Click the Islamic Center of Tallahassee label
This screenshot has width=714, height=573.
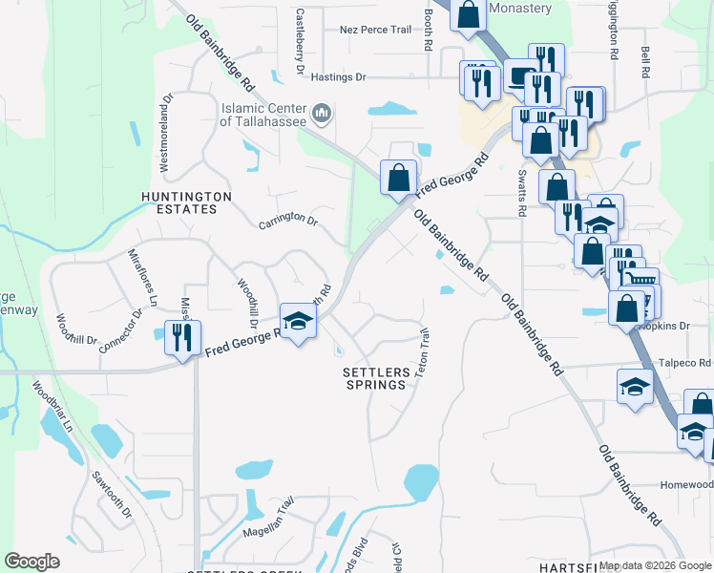264,115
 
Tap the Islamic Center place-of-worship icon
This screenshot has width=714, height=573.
322,115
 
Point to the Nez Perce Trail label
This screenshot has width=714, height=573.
376,30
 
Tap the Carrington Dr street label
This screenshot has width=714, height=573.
287,222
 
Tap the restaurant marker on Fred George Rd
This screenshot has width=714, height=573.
178,336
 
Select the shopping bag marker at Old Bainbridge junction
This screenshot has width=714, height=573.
398,176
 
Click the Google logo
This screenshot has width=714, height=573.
32,562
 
